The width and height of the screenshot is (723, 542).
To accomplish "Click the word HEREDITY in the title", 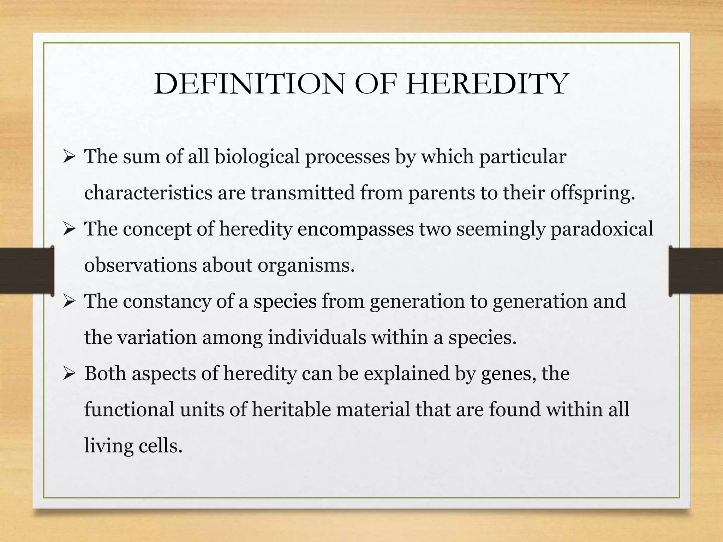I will (487, 84).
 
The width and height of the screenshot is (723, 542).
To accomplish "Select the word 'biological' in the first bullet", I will (257, 156).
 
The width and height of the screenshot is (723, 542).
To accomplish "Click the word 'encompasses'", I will (355, 229).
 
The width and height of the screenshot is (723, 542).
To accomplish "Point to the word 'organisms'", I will (305, 265).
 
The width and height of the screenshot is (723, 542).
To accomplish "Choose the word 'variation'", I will (157, 337).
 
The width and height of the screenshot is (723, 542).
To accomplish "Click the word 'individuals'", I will (317, 337).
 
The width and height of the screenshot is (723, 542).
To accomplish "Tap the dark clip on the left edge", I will (26, 271).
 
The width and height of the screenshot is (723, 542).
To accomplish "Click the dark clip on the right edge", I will (695, 271).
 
